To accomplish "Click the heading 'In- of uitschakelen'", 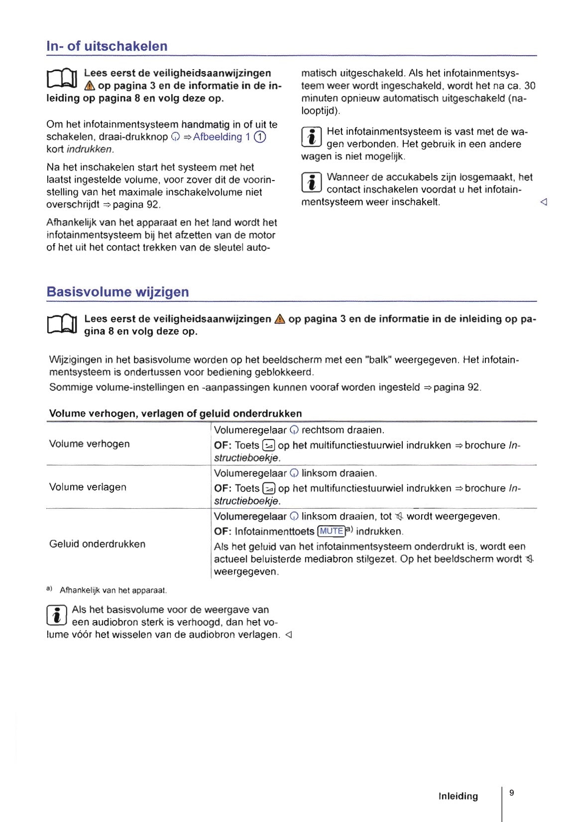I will coord(107,46).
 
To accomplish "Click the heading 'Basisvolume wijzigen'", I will coord(117,292).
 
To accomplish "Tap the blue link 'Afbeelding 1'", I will coord(221,137).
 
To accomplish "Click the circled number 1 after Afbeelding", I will coord(260,137).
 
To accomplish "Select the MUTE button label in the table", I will coord(331,531).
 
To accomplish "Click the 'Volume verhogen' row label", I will coord(89,444).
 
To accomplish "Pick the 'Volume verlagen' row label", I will coord(88,487).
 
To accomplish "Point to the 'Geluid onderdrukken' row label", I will coord(97,544).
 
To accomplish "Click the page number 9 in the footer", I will coord(511,793).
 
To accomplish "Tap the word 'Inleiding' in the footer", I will coord(457,796).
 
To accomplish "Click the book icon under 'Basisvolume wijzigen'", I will coord(62,325).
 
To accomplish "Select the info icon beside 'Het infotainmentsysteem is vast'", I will coord(312,137).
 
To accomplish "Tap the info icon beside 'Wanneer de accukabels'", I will coord(312,183).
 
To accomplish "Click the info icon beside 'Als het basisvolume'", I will coord(57,615).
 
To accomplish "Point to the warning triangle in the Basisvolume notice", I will coord(280,319).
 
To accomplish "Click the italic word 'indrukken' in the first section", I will coord(90,149).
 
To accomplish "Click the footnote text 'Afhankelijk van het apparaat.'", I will coord(113,590).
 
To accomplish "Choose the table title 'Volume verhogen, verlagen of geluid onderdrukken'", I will coord(175,413).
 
